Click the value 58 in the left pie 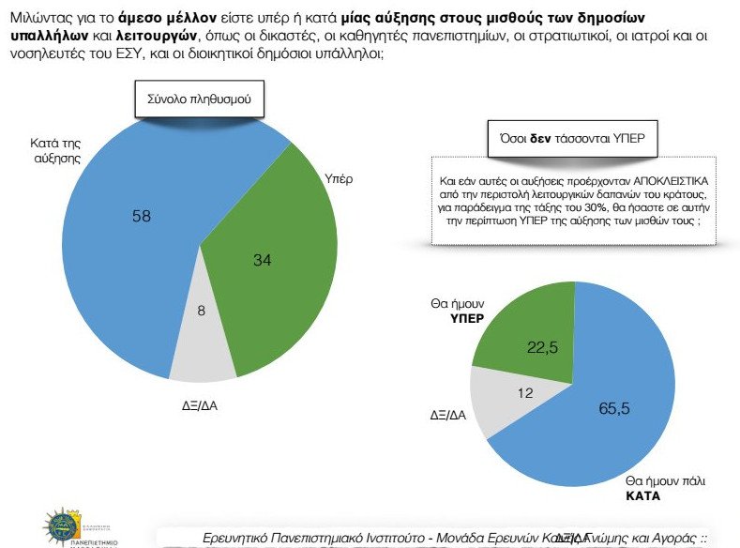(x=142, y=217)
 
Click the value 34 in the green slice (x=263, y=260)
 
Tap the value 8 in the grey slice (x=201, y=335)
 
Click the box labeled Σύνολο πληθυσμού (x=197, y=99)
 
